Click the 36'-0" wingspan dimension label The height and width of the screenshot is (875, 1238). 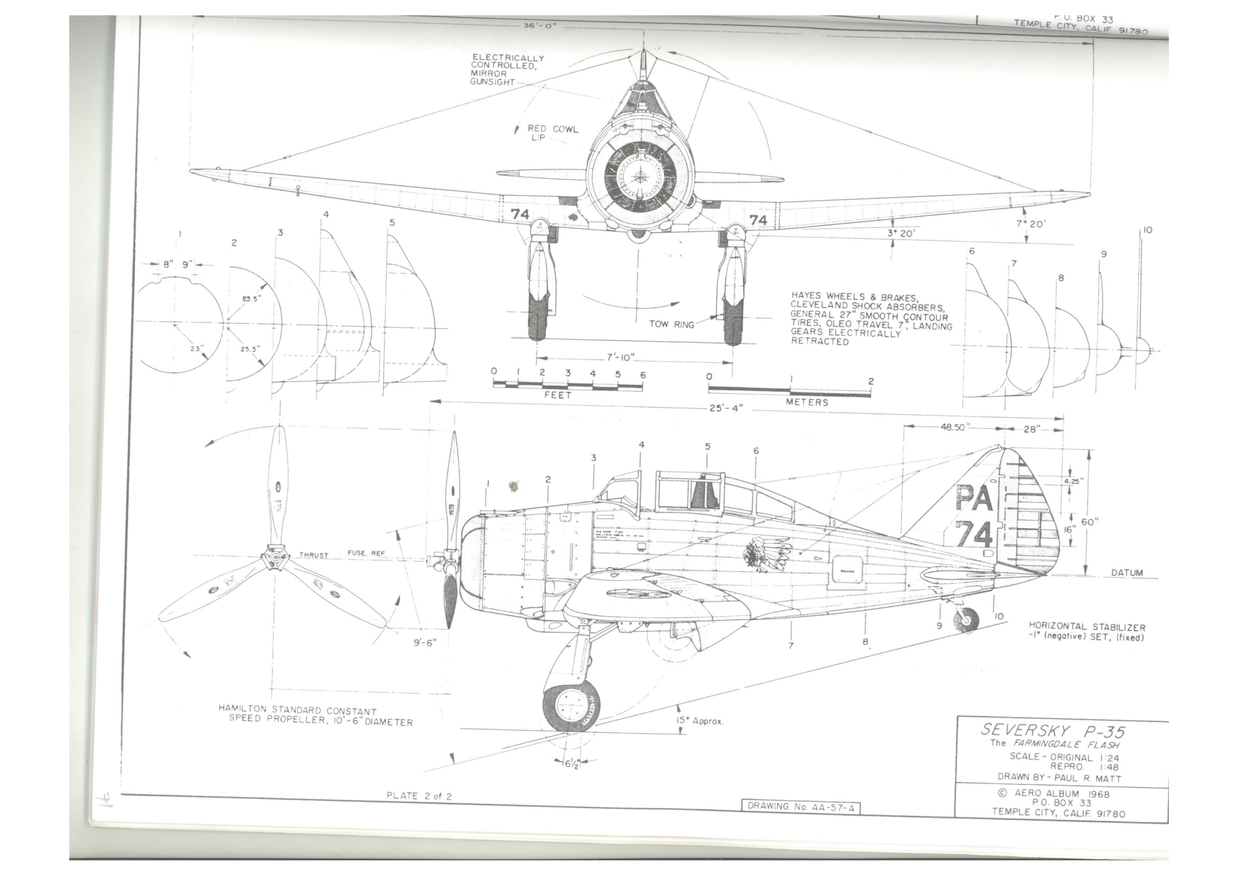539,25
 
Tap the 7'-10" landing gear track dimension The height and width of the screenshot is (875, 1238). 620,357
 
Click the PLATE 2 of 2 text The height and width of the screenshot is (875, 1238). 419,796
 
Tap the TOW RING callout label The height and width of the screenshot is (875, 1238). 671,324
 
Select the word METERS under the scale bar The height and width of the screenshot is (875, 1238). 807,403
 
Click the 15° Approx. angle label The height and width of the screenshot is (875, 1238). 699,721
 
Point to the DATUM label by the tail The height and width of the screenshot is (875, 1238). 1127,573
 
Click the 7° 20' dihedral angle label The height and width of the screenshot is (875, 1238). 1030,223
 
